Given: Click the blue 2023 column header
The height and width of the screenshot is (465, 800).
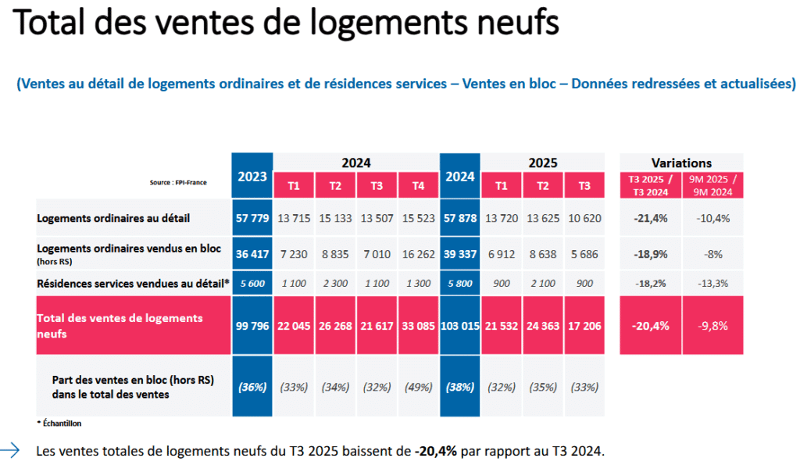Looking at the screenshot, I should [x=252, y=176].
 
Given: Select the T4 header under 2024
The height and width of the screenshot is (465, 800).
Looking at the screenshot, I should [x=419, y=186].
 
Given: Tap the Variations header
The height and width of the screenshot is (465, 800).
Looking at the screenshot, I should [x=681, y=163].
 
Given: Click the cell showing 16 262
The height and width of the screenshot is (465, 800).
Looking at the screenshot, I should [x=419, y=254].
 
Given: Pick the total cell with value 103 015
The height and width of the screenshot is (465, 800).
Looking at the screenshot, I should [x=460, y=325].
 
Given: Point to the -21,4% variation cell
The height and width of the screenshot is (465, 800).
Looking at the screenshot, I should [x=650, y=218].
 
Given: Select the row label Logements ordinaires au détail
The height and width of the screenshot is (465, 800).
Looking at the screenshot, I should [x=113, y=218].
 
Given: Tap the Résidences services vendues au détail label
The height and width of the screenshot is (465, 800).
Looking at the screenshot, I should [x=133, y=283].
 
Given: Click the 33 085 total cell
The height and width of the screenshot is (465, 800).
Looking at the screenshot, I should [x=419, y=325].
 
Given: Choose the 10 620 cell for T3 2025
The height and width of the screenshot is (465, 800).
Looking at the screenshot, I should [x=584, y=218].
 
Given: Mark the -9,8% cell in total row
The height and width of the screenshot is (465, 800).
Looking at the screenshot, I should [x=712, y=325].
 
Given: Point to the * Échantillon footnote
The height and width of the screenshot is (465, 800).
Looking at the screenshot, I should [x=59, y=423].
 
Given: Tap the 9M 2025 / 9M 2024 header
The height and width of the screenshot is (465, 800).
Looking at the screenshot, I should [x=712, y=186].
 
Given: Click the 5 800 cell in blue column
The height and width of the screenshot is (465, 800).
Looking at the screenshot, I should [x=460, y=283].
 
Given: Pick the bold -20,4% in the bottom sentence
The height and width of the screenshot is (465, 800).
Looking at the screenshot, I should [x=436, y=451].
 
